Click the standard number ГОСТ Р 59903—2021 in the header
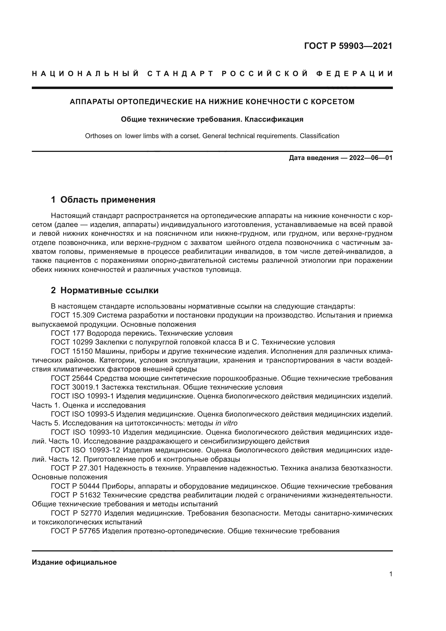tap(348, 46)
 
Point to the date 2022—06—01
tap(371, 158)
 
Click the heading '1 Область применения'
tap(103, 200)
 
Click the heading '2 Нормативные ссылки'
tap(105, 291)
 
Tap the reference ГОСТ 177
tap(68, 333)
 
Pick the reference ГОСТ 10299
tap(72, 342)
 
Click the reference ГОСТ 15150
tap(72, 352)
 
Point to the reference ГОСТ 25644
tap(72, 378)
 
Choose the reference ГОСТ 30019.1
tap(75, 387)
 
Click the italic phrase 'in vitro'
tap(226, 423)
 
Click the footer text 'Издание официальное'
tap(74, 562)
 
